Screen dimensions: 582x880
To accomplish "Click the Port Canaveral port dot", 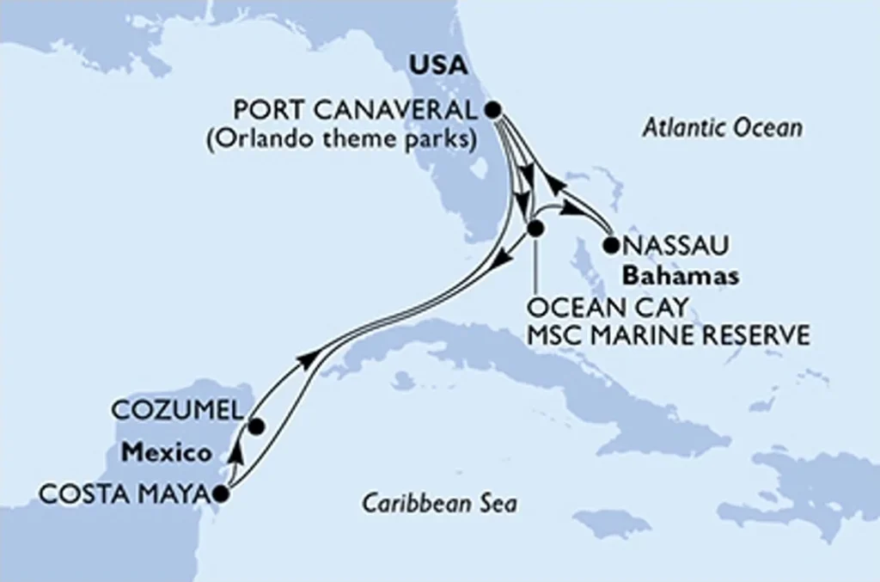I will point(492,109).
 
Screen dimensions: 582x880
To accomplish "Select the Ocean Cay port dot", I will point(535,230).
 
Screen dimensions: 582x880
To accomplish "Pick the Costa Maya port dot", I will point(221,493).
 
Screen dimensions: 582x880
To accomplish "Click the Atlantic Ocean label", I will point(722,129).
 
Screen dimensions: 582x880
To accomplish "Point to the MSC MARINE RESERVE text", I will point(669,334).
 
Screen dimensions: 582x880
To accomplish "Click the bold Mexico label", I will point(166,452).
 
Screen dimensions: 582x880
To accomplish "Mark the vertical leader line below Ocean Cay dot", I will point(535,266).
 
